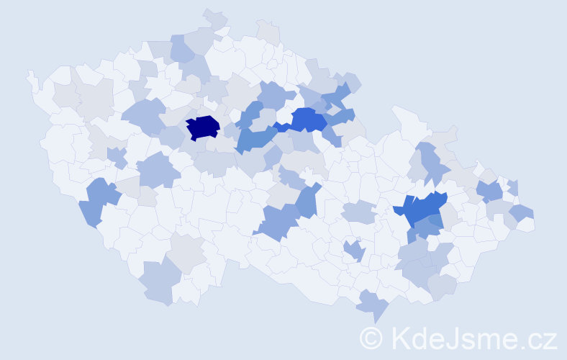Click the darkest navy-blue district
pyautogui.click(x=202, y=127)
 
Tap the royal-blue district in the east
pyautogui.click(x=425, y=208)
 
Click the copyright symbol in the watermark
pyautogui.click(x=372, y=338)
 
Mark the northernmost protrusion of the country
pyautogui.click(x=214, y=16)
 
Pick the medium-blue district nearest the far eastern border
pyautogui.click(x=489, y=191)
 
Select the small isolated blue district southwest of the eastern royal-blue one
pyautogui.click(x=355, y=251)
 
